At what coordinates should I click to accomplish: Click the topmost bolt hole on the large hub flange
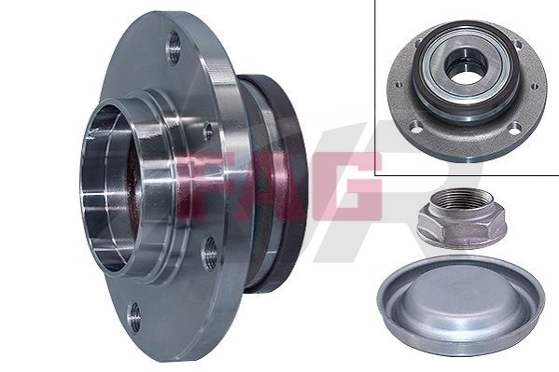pyautogui.click(x=174, y=48)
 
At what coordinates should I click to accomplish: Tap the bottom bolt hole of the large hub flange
pyautogui.click(x=133, y=318)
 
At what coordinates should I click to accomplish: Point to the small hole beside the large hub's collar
pyautogui.click(x=207, y=131)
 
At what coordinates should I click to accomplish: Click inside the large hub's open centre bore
pyautogui.click(x=107, y=189)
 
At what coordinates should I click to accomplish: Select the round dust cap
pyautogui.click(x=462, y=306)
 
